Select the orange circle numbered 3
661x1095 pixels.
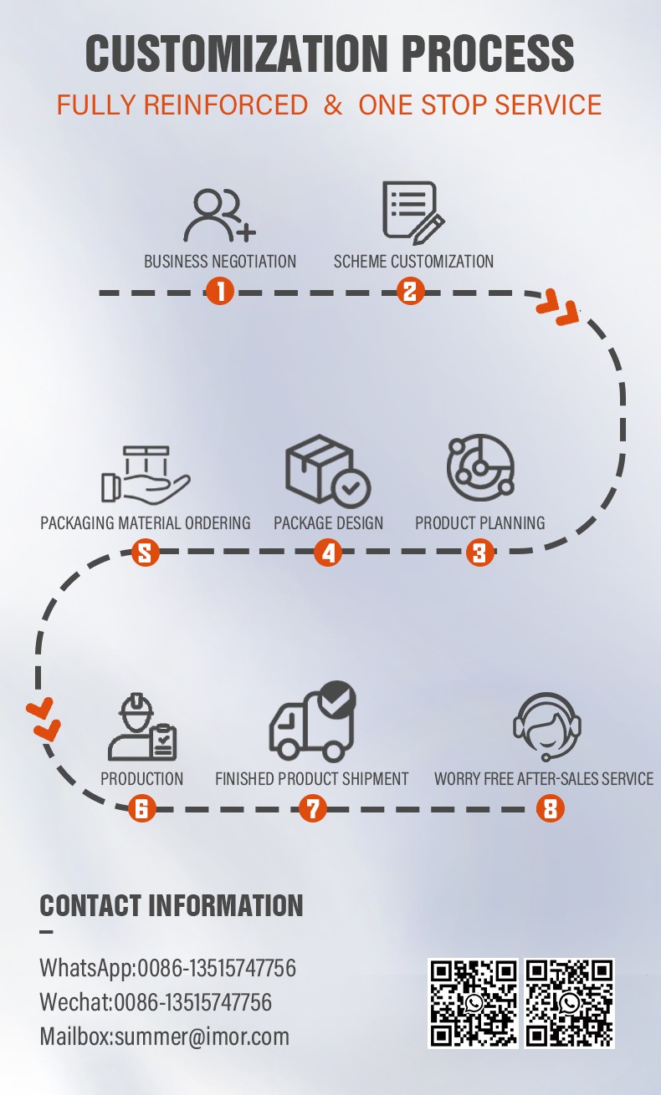479,553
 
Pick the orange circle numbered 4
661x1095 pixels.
328,553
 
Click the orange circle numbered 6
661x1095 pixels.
141,808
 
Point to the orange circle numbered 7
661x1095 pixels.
313,808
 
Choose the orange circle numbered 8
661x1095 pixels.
550,808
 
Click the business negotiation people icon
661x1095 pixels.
220,216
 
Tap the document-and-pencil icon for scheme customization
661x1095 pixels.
413,212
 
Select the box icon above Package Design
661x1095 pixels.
328,471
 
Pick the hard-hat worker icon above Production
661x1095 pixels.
142,726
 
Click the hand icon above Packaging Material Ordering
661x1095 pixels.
146,475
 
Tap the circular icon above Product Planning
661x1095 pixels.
480,467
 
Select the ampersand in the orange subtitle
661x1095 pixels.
333,104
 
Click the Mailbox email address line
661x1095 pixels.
164,1036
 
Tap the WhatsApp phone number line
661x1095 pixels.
168,967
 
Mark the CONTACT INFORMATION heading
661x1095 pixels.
172,905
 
